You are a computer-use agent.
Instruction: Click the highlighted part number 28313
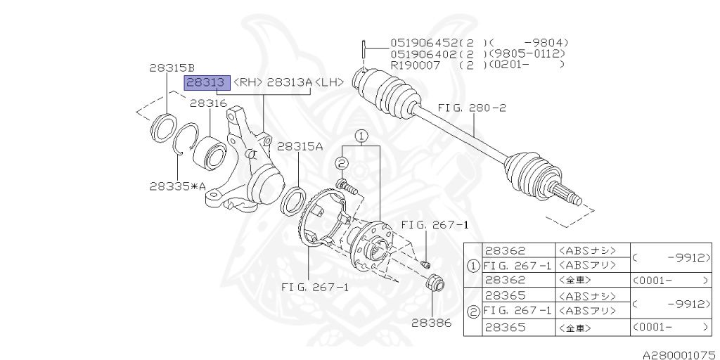tap(207, 83)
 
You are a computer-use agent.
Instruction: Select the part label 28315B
tap(172, 68)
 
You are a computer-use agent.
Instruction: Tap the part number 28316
tap(207, 103)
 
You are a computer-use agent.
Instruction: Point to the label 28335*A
tap(177, 186)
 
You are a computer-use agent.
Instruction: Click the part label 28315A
tap(300, 146)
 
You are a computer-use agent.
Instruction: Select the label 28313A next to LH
tap(289, 83)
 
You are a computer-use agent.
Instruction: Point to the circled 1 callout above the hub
tap(361, 135)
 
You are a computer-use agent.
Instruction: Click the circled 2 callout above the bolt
tap(342, 163)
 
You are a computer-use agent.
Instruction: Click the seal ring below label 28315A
tap(292, 200)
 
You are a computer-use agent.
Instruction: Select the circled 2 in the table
tap(474, 311)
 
